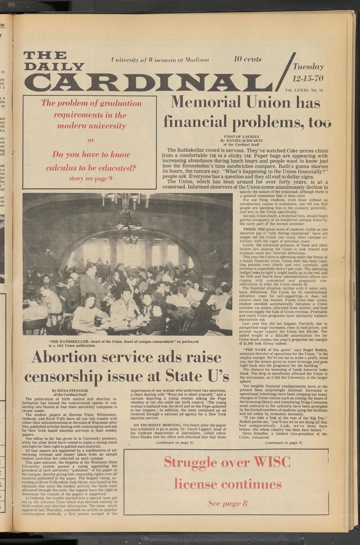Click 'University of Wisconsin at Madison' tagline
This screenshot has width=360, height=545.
160,60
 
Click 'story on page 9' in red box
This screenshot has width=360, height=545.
91,178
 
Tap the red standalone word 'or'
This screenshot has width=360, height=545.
91,140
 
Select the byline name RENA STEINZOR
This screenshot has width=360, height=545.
70,390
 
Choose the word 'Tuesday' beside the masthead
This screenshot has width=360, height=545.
308,67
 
